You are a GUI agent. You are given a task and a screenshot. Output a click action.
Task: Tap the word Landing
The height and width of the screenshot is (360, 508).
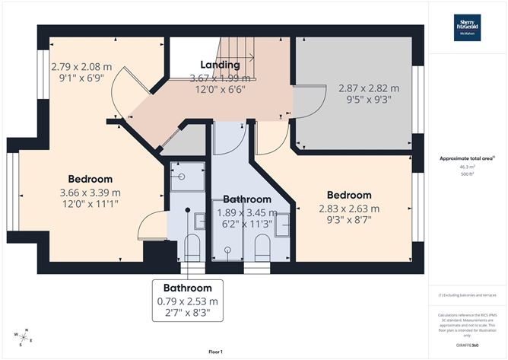click(x=220, y=65)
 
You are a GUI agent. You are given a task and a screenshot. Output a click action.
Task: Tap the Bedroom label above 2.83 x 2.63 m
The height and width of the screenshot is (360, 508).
click(x=349, y=195)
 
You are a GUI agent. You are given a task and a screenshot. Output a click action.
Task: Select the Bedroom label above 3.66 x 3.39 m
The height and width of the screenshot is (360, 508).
click(x=89, y=179)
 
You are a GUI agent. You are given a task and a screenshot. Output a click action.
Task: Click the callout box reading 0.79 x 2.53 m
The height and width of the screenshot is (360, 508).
click(x=187, y=301)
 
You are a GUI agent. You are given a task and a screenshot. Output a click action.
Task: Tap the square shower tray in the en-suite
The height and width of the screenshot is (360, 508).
click(x=185, y=178)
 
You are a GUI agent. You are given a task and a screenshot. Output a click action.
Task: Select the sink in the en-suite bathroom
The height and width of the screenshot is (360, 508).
click(x=199, y=221)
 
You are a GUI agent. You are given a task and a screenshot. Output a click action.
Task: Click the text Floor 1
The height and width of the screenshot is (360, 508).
click(x=214, y=351)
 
